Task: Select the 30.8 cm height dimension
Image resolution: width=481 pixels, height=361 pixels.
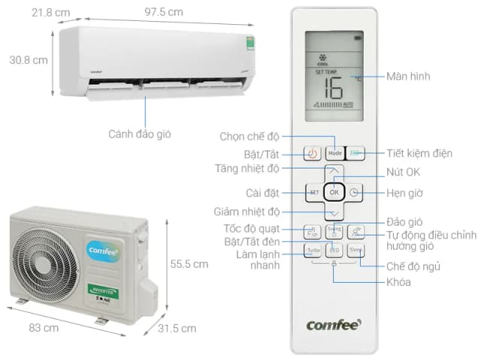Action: tap(29, 59)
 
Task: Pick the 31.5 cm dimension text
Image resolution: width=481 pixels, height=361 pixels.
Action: tap(177, 328)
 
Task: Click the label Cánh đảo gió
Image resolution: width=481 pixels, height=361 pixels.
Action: tap(140, 134)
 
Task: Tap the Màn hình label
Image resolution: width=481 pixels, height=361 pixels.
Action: tap(409, 77)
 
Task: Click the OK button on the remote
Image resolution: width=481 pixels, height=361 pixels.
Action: tap(334, 193)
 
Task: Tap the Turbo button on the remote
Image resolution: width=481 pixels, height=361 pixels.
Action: tap(313, 251)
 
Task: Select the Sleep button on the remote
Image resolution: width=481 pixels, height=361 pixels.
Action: tap(355, 251)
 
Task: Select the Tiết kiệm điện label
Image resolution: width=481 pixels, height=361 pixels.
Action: tap(419, 153)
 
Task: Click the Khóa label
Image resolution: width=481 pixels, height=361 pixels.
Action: tap(400, 282)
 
